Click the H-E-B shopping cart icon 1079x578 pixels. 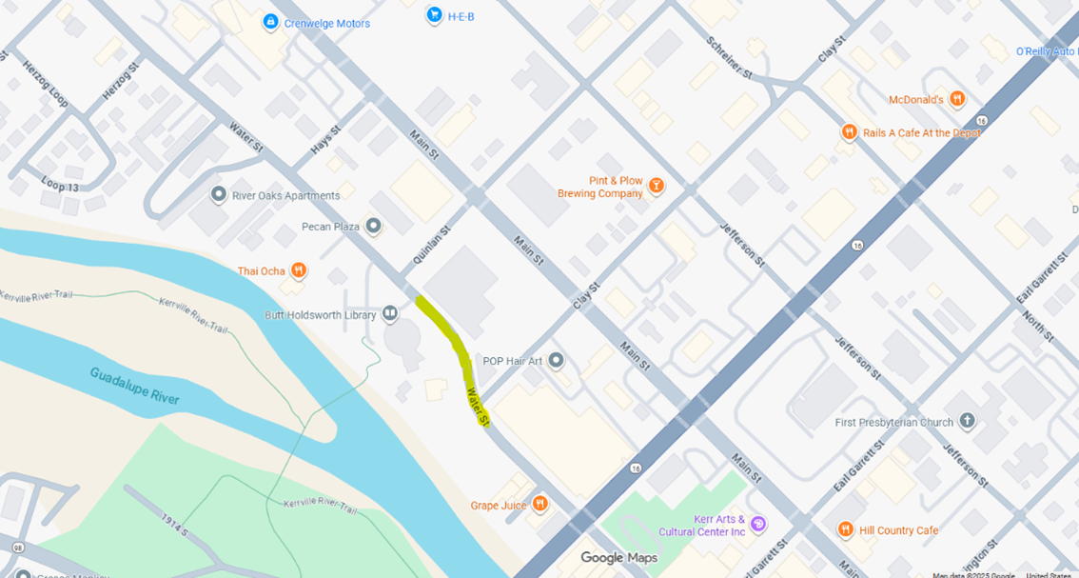(x=435, y=14)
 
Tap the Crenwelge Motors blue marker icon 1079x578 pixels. (x=270, y=22)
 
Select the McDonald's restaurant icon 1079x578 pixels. (x=958, y=99)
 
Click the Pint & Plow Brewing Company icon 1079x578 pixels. (x=655, y=187)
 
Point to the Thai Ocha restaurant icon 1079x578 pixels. (x=299, y=270)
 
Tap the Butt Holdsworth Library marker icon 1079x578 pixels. (x=390, y=314)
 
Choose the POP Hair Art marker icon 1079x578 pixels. (x=557, y=360)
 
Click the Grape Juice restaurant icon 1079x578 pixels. (x=540, y=504)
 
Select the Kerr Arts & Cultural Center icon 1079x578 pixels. (x=758, y=524)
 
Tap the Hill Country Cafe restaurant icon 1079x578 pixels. (x=845, y=529)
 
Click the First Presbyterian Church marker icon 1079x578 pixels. (x=968, y=421)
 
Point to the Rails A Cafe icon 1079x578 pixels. (x=849, y=132)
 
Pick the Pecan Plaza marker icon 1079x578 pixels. (x=373, y=226)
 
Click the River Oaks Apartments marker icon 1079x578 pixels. (x=219, y=195)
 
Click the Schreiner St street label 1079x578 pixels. (x=730, y=59)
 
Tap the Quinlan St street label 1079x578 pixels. (x=431, y=245)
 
